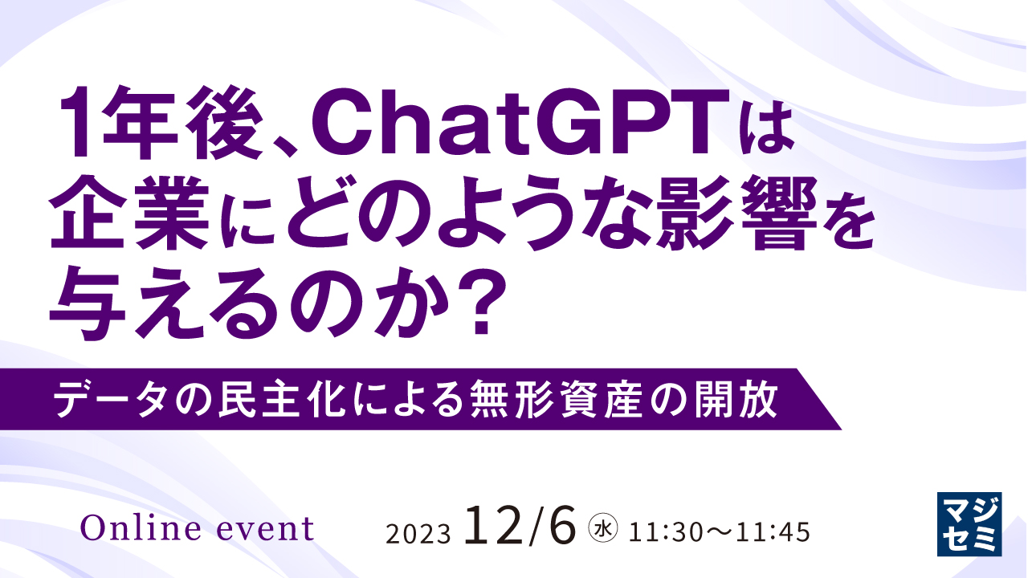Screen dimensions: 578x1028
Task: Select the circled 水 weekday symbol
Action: tap(602, 529)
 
